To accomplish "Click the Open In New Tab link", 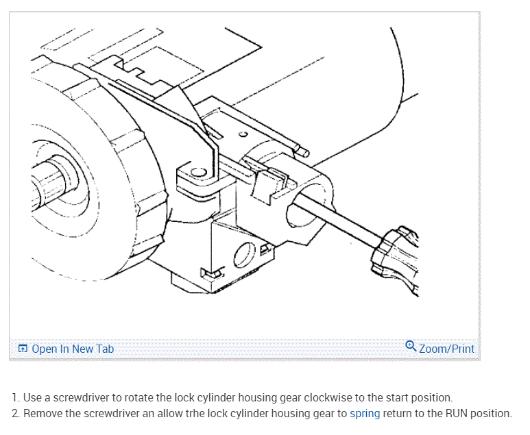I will [73, 349].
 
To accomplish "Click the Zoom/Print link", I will [446, 349].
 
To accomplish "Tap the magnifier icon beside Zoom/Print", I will [411, 346].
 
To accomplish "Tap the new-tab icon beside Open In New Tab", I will [23, 349].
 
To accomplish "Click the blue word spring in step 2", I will [365, 413].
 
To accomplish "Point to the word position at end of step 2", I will [488, 413].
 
